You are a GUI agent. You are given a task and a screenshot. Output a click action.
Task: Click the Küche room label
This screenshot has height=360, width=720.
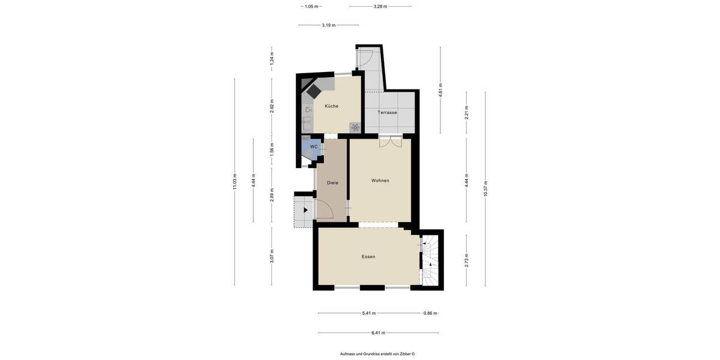pos(331,106)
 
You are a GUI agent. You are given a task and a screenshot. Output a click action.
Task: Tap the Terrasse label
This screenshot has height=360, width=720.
pos(387,113)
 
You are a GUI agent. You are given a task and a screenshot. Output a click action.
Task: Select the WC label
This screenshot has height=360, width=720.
pos(313,146)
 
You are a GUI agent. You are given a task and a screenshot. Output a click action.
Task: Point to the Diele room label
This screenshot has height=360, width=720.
pos(332,182)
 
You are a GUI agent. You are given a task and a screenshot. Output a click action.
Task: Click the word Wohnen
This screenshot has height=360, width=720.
pos(380,181)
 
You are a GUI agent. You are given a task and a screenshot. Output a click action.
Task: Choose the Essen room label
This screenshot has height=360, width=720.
pos(368,257)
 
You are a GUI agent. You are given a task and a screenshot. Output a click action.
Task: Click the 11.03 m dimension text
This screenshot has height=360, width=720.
pos(235,182)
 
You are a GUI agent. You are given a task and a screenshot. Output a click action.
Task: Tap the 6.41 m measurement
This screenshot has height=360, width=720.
pos(378,332)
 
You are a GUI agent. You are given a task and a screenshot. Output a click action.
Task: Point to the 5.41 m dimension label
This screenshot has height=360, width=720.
pos(369,313)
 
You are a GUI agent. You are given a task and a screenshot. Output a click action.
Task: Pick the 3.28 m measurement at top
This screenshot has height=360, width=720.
pos(380,7)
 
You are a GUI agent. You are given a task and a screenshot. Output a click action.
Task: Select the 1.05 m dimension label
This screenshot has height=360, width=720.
pos(311,7)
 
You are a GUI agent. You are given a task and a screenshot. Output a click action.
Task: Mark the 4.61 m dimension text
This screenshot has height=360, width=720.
pos(440,90)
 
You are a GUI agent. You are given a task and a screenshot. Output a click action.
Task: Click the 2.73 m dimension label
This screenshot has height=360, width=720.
pos(467,260)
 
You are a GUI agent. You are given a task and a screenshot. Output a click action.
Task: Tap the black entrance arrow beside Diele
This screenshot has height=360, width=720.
pos(306,211)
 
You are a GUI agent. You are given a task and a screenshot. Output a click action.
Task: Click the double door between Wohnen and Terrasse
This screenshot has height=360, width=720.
pos(390,142)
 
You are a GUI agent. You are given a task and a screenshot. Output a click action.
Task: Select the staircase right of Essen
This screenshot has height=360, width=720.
pos(430,261)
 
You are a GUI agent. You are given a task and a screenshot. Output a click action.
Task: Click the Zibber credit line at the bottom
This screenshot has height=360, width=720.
pos(377,354)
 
